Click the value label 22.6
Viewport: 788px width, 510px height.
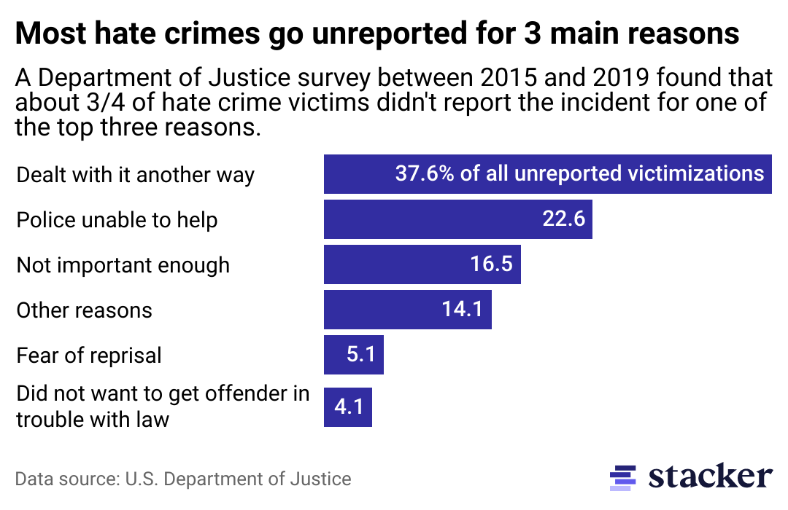(564, 219)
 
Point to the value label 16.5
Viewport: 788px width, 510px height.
(492, 264)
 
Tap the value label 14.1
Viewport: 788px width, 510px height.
(462, 310)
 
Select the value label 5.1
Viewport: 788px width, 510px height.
(361, 355)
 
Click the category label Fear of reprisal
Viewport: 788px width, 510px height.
(89, 356)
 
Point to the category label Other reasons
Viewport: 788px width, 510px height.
(85, 310)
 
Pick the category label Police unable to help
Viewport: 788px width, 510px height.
(117, 220)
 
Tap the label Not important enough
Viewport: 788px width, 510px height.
(123, 265)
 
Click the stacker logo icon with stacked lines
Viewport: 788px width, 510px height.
(623, 476)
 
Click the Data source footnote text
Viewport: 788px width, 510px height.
(183, 479)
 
